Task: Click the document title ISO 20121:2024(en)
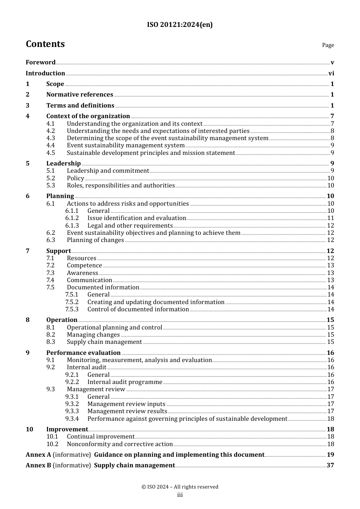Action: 180,25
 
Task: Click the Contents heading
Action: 45,44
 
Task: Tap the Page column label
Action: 328,45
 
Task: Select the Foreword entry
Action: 41,62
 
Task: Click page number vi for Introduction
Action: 331,73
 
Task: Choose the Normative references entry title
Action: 80,95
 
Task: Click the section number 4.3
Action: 51,138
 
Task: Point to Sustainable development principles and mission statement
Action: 151,153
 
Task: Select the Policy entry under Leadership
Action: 75,178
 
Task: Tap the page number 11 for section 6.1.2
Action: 330,218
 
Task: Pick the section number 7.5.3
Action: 72,309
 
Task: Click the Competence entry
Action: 84,265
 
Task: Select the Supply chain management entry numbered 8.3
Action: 104,342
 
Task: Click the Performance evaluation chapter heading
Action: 83,353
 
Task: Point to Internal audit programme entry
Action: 125,382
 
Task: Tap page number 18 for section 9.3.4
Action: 330,419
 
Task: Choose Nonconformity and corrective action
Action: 120,444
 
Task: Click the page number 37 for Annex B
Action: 330,465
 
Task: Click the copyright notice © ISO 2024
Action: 180,487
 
